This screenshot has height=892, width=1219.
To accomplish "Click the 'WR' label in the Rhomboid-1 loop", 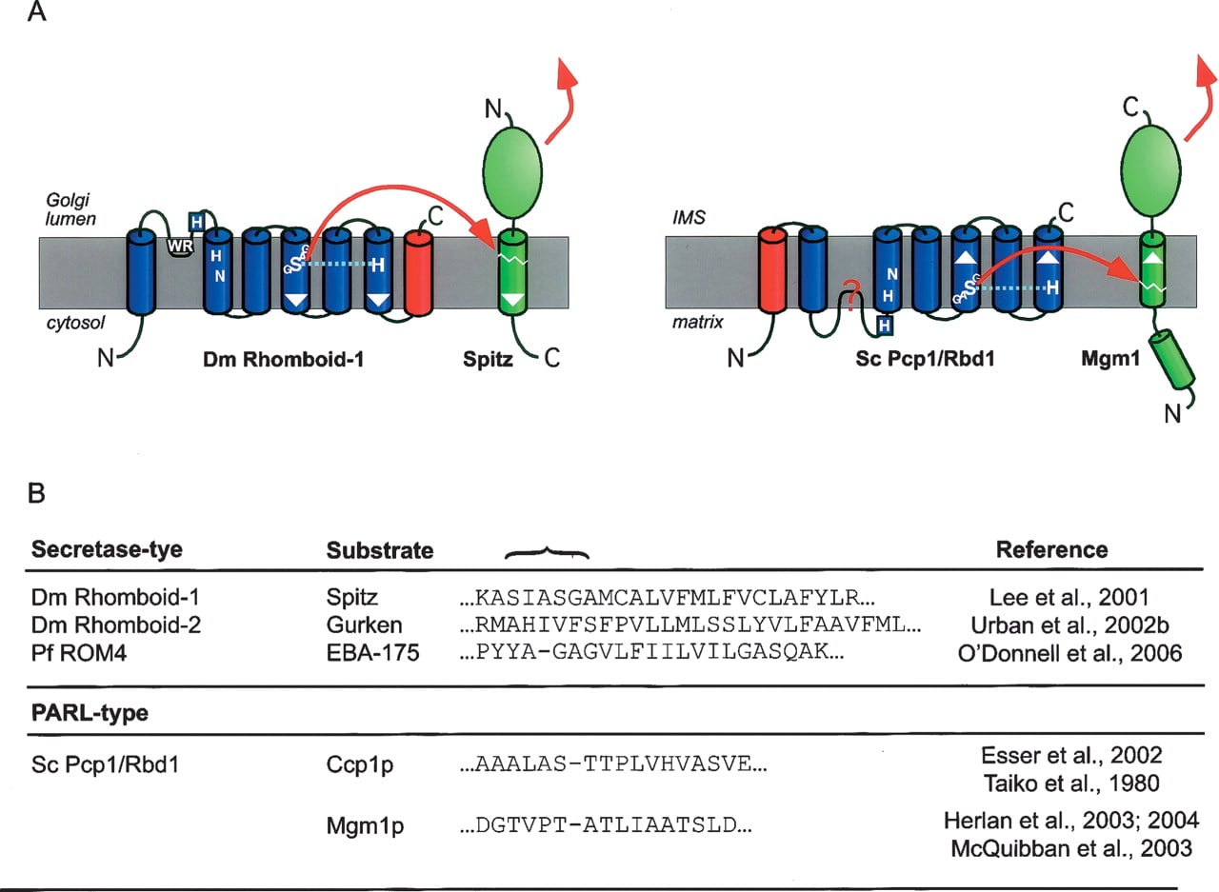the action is pos(180,247).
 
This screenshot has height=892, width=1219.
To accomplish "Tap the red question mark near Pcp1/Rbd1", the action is pos(851,295).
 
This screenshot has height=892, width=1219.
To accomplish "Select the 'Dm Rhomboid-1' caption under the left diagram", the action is pos(283,360).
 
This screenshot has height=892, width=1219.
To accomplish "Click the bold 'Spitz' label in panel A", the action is pos(488,360).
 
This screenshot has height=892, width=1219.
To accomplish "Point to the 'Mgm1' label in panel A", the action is pos(1110,359).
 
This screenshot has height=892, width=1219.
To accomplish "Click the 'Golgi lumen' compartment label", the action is pos(70,209).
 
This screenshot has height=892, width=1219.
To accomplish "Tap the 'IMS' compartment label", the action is pos(689,218).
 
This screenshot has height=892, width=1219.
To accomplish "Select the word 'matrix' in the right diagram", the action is pos(698,323).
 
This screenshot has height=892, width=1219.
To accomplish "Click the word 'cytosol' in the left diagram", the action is pos(75,323).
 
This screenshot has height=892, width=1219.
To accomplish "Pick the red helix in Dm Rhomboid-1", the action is pos(418,272).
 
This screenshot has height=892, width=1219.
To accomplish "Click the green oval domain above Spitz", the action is pos(512,172).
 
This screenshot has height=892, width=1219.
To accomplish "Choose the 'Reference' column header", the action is pos(1052,550).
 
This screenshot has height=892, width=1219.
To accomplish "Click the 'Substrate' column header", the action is pos(380,550).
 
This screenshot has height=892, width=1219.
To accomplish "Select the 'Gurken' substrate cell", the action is pos(364,625).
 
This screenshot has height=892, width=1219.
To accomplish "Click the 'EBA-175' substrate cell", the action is pos(372,653).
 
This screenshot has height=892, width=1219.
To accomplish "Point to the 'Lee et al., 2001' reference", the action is pos(1069,598).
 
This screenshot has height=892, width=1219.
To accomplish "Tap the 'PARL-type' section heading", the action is pos(90,713).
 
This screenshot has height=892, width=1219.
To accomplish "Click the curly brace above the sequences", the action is pos(547,553).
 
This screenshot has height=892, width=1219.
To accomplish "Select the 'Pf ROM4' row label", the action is pos(79,653).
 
